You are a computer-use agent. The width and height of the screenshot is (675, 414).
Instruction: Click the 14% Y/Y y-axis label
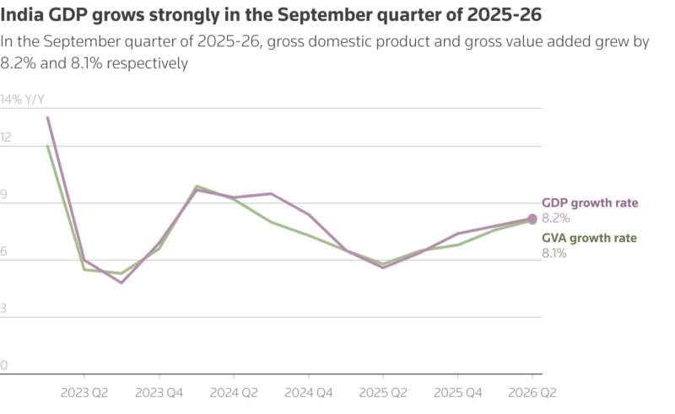[23, 99]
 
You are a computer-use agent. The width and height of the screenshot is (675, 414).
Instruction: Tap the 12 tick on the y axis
[6, 137]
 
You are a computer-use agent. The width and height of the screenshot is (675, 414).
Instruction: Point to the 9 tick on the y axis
[4, 194]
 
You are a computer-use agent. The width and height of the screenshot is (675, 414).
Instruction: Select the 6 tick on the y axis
[4, 251]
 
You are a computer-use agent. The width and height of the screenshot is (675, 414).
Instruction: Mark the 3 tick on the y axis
[4, 309]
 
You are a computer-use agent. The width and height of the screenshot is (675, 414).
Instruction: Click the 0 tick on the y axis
[4, 366]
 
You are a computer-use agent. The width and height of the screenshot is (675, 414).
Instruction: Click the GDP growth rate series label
[589, 203]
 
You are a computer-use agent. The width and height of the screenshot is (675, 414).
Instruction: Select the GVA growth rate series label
[588, 238]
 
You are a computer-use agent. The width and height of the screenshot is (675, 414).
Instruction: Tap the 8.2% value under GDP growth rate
[554, 218]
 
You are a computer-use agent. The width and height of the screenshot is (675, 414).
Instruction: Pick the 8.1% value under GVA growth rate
[553, 252]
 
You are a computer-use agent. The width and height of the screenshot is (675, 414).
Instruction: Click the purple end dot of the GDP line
[532, 219]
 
